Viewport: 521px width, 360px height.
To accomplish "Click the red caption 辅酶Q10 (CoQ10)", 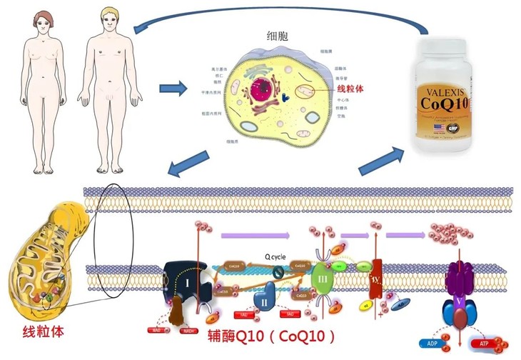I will pyautogui.click(x=270, y=335).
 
